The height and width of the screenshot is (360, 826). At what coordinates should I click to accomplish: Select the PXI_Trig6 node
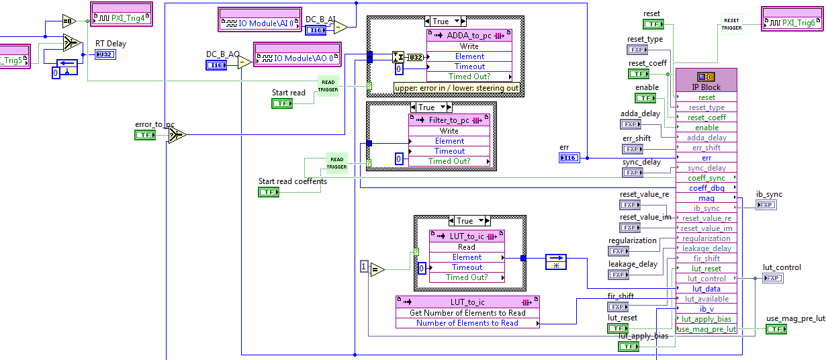[792, 23]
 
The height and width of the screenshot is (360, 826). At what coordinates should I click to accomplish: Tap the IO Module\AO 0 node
[297, 58]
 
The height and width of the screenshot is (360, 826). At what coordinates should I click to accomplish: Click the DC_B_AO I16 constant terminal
[216, 64]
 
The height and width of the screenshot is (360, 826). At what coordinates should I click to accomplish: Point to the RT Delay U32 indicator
[105, 54]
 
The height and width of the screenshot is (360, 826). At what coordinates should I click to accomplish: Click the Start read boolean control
[282, 103]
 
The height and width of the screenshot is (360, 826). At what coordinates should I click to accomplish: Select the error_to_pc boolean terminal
[145, 135]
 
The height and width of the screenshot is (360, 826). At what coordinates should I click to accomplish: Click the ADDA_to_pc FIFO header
[469, 36]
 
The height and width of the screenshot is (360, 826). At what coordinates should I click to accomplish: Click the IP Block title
[706, 87]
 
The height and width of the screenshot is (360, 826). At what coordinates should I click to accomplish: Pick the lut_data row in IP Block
[706, 289]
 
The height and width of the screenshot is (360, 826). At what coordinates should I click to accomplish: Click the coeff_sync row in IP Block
[706, 178]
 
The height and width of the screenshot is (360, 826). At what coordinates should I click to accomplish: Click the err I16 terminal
[569, 158]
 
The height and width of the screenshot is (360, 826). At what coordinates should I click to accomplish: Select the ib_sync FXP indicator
[766, 205]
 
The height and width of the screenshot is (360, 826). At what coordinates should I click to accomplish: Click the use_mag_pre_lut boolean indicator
[777, 329]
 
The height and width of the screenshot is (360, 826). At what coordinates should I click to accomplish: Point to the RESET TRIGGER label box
[732, 24]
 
